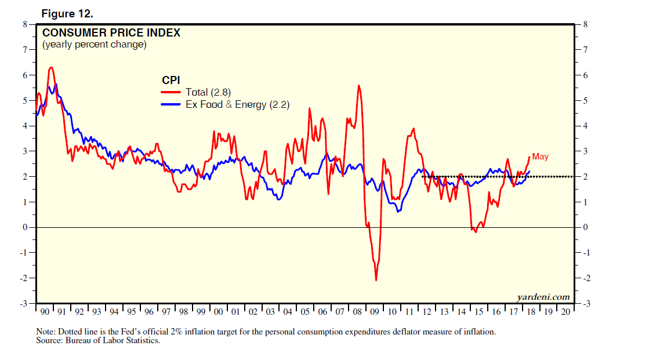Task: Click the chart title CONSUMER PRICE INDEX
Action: (111, 33)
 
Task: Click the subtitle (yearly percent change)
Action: (94, 45)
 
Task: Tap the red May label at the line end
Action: (540, 157)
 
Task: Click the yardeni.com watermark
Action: (543, 297)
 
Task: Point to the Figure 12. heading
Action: (67, 13)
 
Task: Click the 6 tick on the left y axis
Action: (25, 75)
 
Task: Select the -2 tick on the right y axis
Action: (585, 278)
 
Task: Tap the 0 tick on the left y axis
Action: (25, 227)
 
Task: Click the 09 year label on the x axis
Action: (375, 312)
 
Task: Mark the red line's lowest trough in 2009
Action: (376, 281)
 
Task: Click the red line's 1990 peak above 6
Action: (51, 68)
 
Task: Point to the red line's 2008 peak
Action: (359, 86)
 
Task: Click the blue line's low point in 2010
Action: (398, 211)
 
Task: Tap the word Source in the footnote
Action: (49, 340)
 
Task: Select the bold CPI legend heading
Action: (171, 80)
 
